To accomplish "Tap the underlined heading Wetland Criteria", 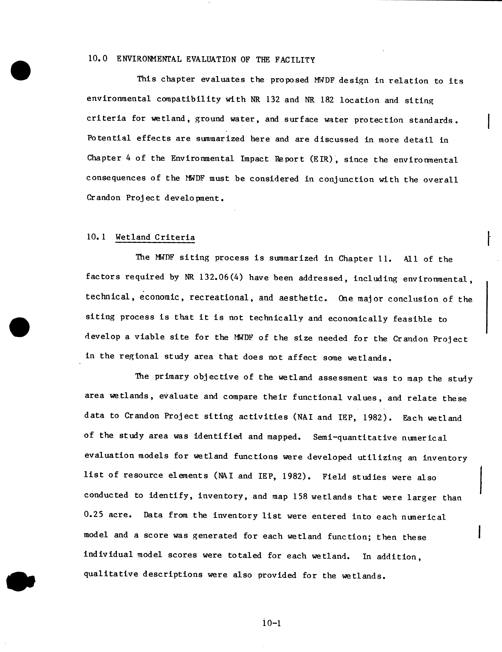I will [x=155, y=237].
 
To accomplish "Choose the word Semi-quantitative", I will [x=355, y=438].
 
